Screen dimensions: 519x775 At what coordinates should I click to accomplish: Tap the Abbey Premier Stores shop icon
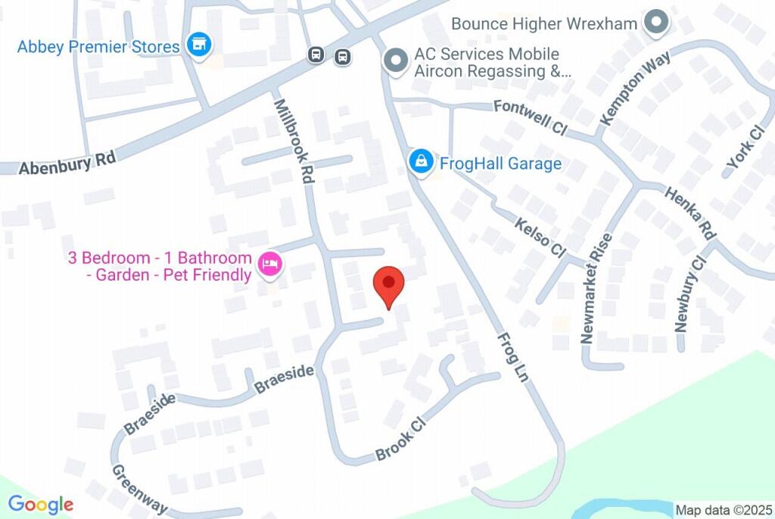pos(199,44)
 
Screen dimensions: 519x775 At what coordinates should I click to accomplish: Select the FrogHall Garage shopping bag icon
pos(420,161)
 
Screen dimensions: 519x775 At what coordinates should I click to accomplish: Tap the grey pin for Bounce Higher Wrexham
pos(655,23)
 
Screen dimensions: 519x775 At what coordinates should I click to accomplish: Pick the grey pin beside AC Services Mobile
pos(394,61)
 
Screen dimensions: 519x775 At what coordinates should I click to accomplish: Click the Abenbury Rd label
pos(68,163)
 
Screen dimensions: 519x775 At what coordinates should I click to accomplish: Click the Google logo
pos(41,505)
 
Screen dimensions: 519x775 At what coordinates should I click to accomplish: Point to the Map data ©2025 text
pos(723,510)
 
